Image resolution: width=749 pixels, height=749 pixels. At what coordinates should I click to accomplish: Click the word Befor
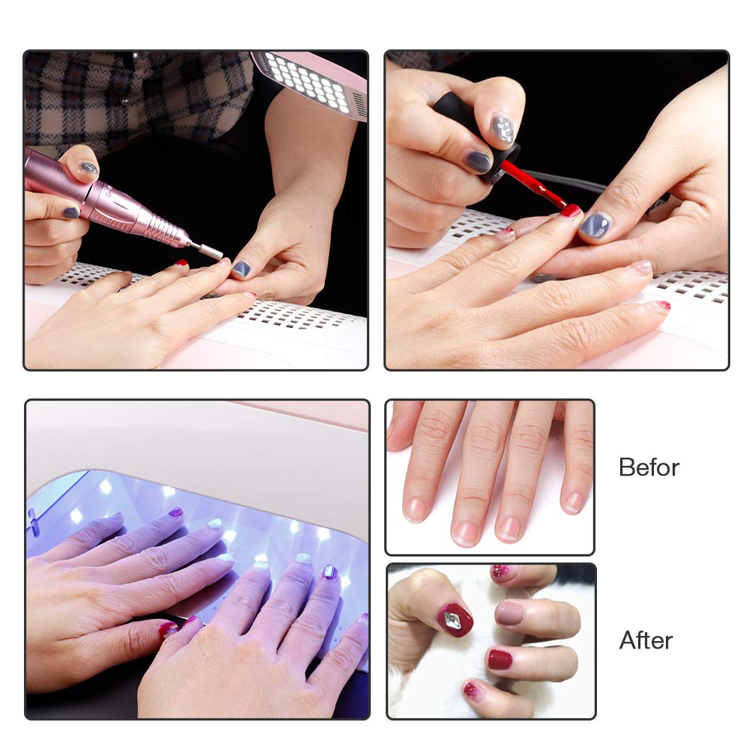[649, 467]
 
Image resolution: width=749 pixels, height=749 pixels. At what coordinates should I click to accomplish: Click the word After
[646, 640]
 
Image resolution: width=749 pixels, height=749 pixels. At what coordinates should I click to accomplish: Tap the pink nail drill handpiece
[104, 201]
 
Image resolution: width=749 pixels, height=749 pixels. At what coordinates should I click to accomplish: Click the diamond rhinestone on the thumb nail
[452, 619]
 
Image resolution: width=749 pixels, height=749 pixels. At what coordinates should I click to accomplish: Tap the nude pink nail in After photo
[510, 613]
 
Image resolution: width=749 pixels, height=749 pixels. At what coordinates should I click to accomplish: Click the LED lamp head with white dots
[311, 84]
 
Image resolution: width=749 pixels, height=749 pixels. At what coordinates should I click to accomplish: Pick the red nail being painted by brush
[571, 210]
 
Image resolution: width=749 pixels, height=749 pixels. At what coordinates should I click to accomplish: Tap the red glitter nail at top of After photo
[500, 571]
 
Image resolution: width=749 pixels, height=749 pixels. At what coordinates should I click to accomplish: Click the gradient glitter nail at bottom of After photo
[473, 691]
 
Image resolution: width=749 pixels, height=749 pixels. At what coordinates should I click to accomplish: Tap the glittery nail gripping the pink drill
[88, 168]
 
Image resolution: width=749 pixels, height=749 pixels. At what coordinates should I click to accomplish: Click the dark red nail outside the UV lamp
[167, 630]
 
